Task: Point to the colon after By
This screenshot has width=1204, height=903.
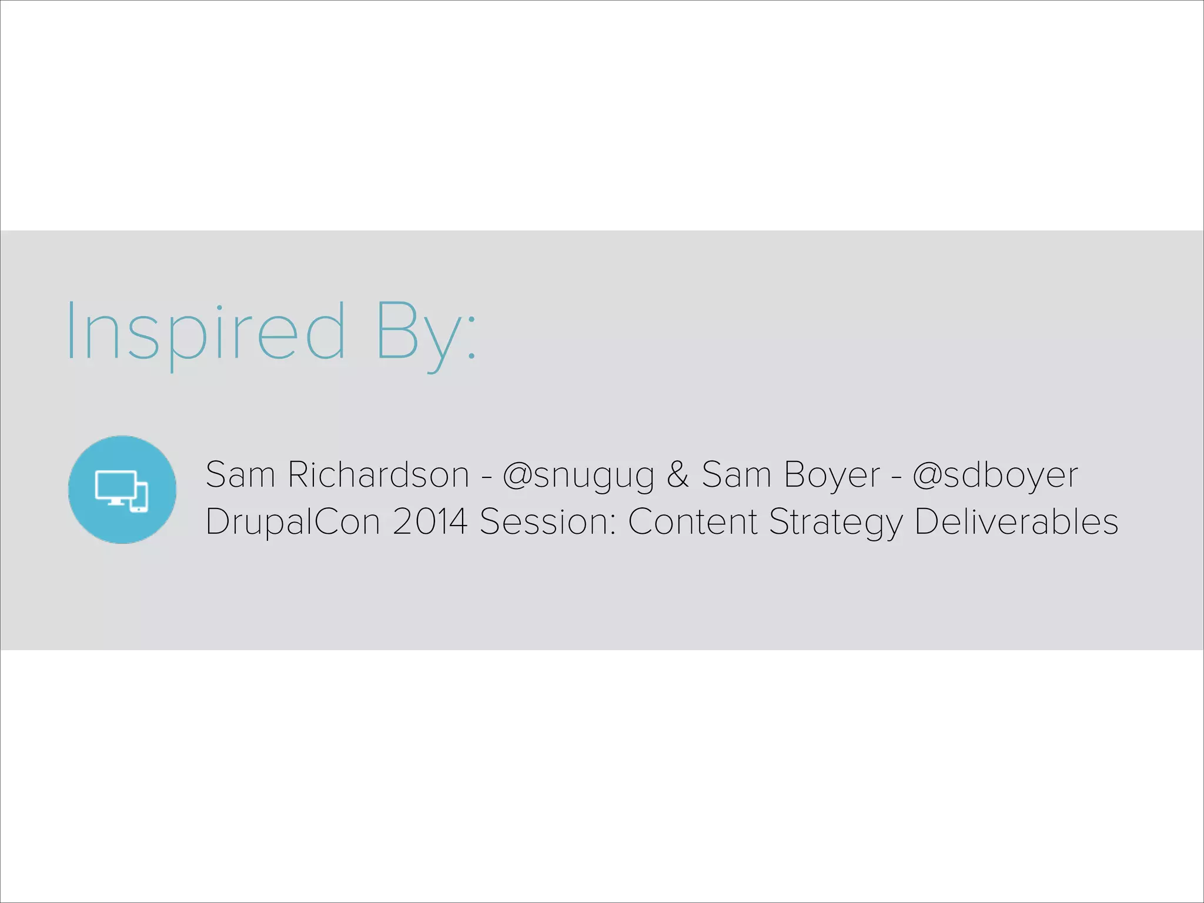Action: (471, 341)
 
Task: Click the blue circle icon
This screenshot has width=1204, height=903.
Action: (122, 489)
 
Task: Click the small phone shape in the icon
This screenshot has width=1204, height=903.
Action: (140, 497)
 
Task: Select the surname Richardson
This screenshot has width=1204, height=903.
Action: (378, 474)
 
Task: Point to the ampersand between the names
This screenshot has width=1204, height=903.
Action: (677, 474)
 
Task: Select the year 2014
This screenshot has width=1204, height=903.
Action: (430, 521)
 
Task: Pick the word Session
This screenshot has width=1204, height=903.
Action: (547, 521)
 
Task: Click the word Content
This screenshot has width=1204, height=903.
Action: (693, 521)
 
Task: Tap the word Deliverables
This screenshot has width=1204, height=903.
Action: (1016, 521)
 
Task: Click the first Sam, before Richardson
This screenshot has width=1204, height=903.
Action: (240, 474)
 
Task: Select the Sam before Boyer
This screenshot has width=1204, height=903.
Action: (736, 474)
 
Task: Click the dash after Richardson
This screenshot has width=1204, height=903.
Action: (486, 476)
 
